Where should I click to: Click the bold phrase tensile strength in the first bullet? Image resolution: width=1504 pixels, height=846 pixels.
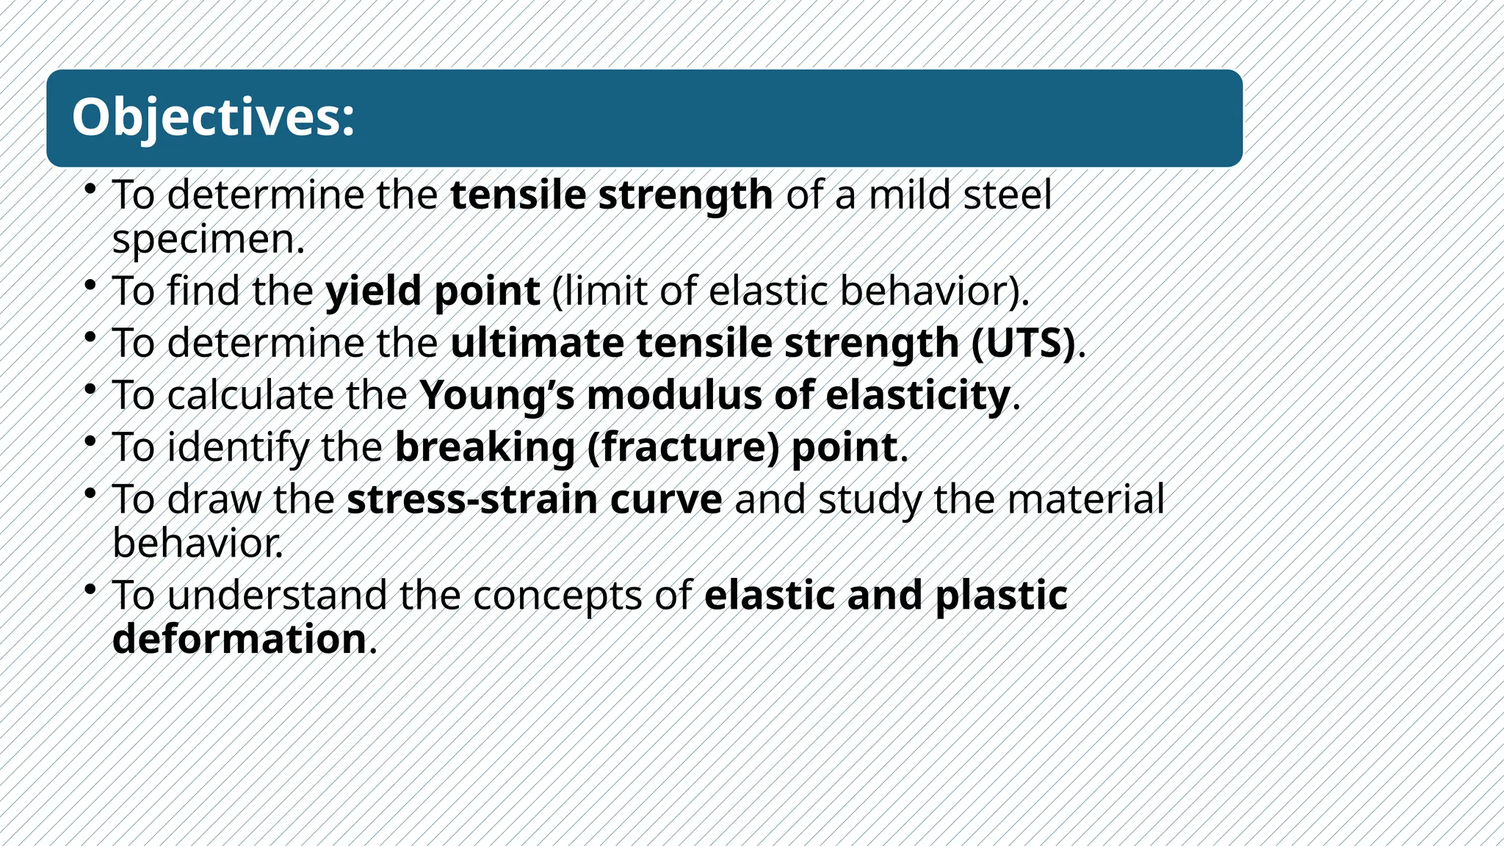[611, 195]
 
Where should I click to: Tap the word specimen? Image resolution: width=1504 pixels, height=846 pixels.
[208, 240]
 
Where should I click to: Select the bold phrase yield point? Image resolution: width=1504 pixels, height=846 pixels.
[433, 291]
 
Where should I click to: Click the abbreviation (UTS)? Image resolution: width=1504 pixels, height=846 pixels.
[1024, 343]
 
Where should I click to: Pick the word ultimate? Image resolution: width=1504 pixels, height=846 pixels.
[537, 343]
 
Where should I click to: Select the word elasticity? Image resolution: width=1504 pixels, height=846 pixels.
[918, 395]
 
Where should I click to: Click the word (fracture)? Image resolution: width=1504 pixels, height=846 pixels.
[683, 447]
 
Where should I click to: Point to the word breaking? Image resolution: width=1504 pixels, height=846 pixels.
[485, 447]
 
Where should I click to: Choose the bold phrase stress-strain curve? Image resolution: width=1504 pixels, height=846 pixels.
[535, 499]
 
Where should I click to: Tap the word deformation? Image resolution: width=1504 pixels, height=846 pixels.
[239, 639]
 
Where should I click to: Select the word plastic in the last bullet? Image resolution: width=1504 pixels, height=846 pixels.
[1001, 595]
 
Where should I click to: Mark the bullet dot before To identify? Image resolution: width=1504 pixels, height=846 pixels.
[90, 440]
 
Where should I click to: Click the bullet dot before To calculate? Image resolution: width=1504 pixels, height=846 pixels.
[90, 388]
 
